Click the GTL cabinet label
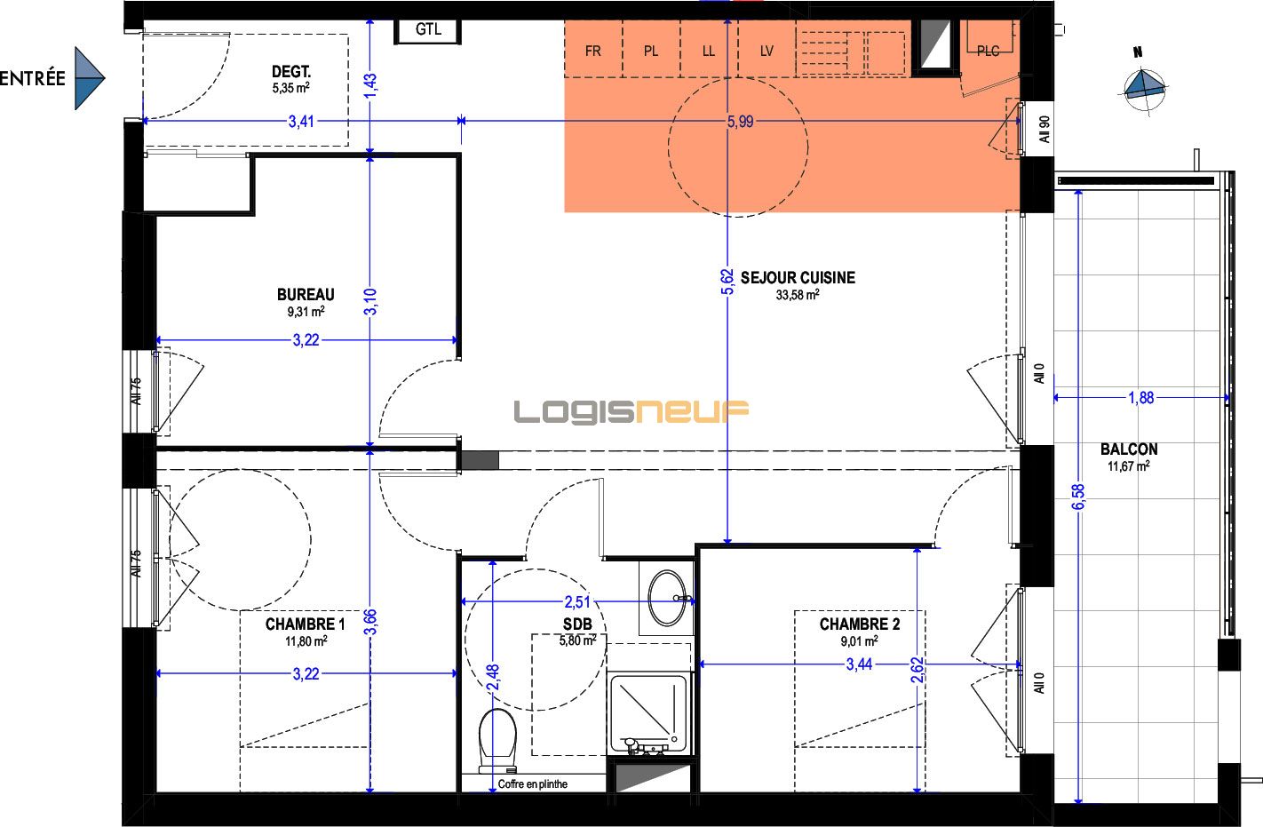coord(428,29)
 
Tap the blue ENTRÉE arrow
coord(90,78)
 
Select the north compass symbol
coord(1144,84)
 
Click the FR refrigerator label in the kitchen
coord(592,52)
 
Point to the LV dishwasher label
coord(767,52)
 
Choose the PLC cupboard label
coord(988,52)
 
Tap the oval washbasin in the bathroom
coord(667,598)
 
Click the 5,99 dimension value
coord(740,121)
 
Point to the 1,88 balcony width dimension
coord(1140,398)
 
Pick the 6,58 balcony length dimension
coord(1078,497)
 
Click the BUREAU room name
coord(306,294)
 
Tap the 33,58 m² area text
coord(798,295)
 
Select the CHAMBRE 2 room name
coord(859,624)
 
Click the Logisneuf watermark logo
coord(631,411)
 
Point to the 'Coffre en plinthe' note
coord(532,783)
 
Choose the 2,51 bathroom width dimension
coord(577,602)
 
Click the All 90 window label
coord(1045,129)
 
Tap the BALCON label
coord(1129,449)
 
